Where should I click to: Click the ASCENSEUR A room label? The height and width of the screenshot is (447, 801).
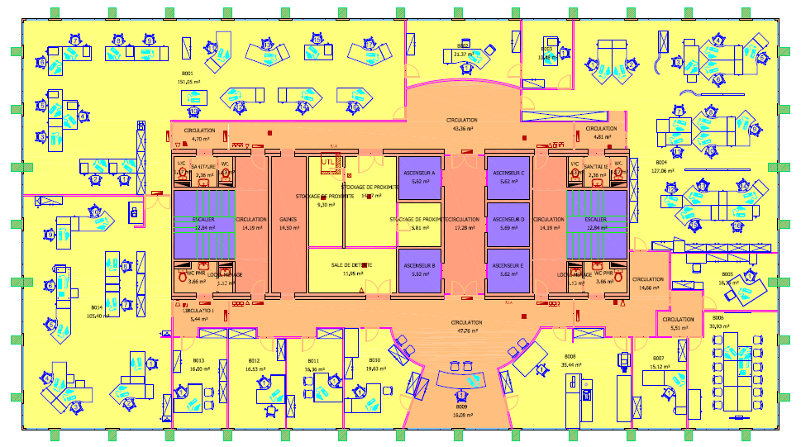(x=422, y=173)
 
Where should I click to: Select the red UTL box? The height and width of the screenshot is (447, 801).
(x=329, y=163)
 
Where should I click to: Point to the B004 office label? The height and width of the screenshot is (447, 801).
(x=661, y=163)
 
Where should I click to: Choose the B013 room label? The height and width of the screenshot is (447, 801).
(x=198, y=361)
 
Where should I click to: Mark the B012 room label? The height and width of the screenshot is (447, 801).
(x=254, y=361)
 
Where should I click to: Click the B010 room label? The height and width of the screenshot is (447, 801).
(x=374, y=361)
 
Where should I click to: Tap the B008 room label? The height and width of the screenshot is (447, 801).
(x=570, y=357)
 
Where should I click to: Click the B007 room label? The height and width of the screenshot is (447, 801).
(x=658, y=358)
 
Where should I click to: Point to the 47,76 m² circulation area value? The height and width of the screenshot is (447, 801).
(x=467, y=330)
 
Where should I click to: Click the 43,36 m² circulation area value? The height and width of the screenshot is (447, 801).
(x=462, y=129)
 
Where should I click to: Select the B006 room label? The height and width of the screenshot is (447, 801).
(x=718, y=318)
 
